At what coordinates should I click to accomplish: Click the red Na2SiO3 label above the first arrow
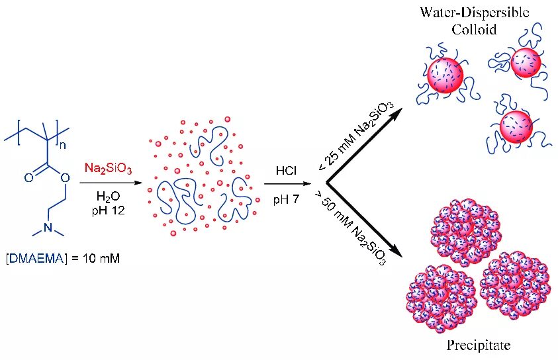tap(108, 169)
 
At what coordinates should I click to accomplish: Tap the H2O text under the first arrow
tap(107, 197)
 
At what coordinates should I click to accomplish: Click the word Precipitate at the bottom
tap(479, 345)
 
